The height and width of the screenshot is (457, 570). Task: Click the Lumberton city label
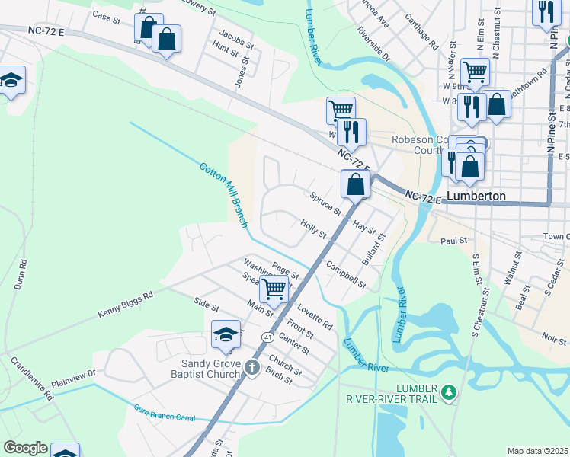point(476,196)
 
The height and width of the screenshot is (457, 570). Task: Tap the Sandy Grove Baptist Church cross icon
point(253,368)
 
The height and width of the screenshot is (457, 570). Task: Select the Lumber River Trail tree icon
point(450,392)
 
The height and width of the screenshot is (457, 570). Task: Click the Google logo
point(25,448)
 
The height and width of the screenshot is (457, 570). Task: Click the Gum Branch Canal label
point(164,413)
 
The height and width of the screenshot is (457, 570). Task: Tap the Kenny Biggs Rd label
point(126,304)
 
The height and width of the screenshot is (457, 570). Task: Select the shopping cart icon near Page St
point(274,289)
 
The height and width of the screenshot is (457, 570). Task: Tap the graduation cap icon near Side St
point(226,334)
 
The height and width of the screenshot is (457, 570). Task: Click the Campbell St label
point(346,275)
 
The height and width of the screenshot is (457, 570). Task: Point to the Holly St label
point(313,227)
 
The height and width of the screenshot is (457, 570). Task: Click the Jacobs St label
point(236,36)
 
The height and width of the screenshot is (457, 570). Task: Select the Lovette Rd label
point(315,316)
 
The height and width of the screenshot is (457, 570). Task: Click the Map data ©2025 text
point(538,451)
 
